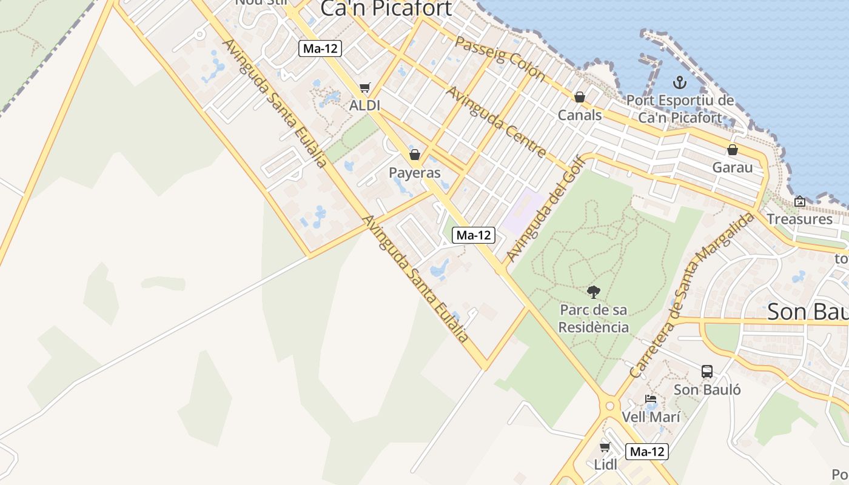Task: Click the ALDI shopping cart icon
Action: pyautogui.click(x=364, y=88)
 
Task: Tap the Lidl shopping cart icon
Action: pyautogui.click(x=605, y=447)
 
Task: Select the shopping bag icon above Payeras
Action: pyautogui.click(x=415, y=155)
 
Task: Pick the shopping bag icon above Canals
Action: pyautogui.click(x=579, y=97)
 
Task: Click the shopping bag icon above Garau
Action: pyautogui.click(x=733, y=150)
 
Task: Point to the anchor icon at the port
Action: pyautogui.click(x=680, y=82)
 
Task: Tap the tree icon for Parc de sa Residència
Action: pyautogui.click(x=593, y=292)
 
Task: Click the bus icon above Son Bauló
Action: pyautogui.click(x=707, y=372)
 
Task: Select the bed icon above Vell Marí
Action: pyautogui.click(x=651, y=400)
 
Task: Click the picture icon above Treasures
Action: pyautogui.click(x=800, y=201)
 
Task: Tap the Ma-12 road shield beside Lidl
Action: pyautogui.click(x=647, y=452)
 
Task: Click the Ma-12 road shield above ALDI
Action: pyautogui.click(x=320, y=48)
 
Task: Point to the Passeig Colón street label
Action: pyautogui.click(x=500, y=58)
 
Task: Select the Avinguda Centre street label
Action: pyautogui.click(x=497, y=122)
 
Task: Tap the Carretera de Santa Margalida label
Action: pyautogui.click(x=691, y=295)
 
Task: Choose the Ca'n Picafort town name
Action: pyautogui.click(x=386, y=8)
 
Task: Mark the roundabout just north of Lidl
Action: pyautogui.click(x=609, y=406)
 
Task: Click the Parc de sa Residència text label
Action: pyautogui.click(x=593, y=318)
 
